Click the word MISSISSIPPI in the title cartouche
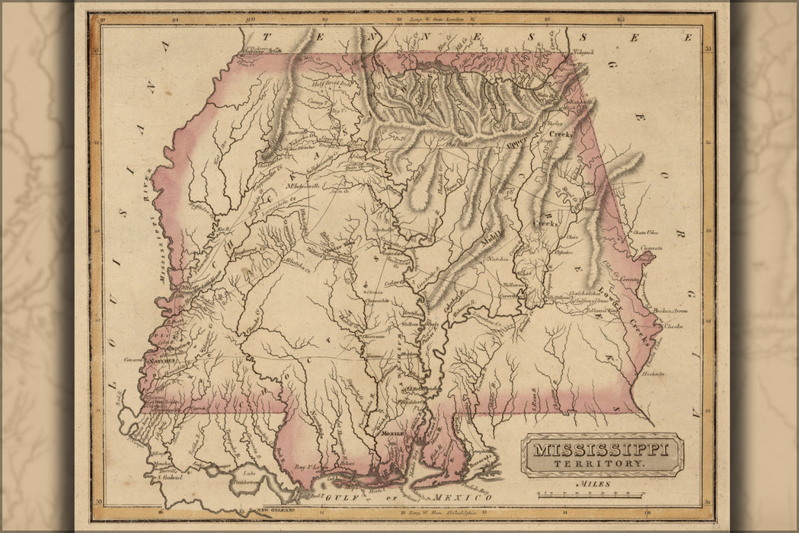[601, 449]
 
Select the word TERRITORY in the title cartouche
[601, 463]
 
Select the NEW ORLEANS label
[277, 509]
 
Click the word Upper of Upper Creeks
[516, 140]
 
